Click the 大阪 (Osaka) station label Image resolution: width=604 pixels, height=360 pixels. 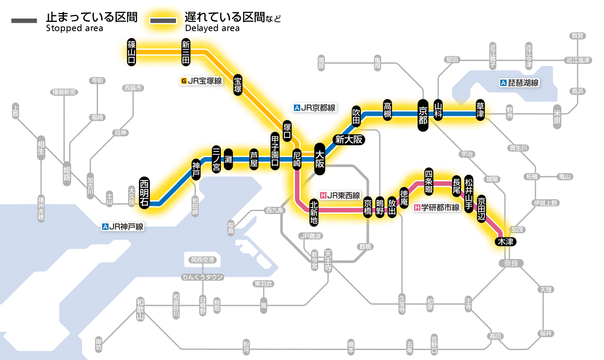click(x=320, y=159)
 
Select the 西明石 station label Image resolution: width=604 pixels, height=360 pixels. click(x=144, y=193)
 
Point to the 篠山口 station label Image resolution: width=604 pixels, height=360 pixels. click(x=132, y=52)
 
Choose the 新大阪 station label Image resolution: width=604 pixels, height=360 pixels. click(x=348, y=139)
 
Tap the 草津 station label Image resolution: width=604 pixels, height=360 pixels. click(x=480, y=111)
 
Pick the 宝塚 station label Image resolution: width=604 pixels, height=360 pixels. click(x=238, y=85)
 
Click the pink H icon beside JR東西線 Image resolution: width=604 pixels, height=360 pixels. click(x=323, y=196)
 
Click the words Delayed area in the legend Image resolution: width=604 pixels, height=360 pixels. click(x=212, y=28)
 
